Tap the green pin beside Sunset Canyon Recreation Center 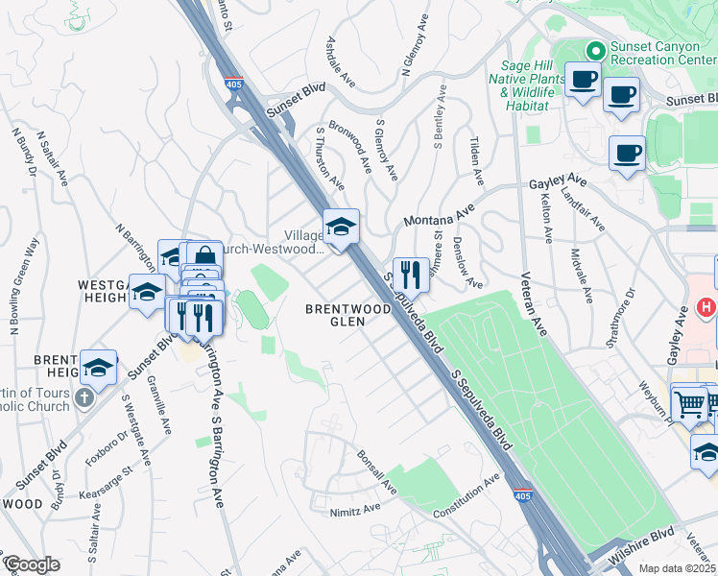pyautogui.click(x=595, y=50)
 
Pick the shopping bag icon pyautogui.click(x=204, y=256)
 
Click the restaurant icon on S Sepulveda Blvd pyautogui.click(x=410, y=274)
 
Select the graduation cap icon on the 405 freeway pyautogui.click(x=341, y=227)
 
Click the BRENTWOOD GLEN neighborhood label pyautogui.click(x=347, y=316)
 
